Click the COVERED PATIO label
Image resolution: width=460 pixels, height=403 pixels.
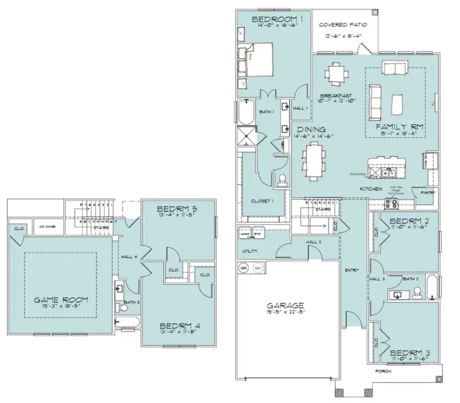[343, 25]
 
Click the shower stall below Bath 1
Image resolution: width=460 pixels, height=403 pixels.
[247, 136]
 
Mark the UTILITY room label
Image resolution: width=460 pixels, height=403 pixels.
[250, 251]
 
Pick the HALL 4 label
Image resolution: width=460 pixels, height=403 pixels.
[129, 257]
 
